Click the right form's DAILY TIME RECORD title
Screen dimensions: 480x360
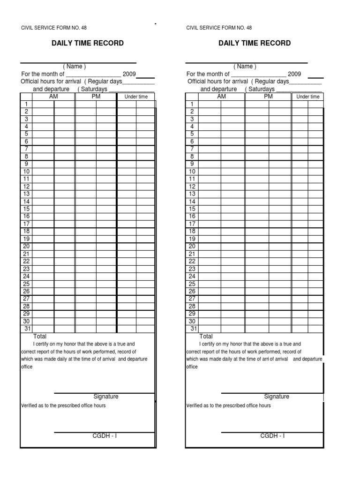[255, 43]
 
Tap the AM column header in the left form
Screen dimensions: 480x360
[53, 97]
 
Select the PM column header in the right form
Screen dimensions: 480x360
[268, 97]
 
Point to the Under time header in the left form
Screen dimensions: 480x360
[136, 97]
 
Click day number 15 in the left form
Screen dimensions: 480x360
[26, 209]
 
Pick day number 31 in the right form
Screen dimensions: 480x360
[192, 329]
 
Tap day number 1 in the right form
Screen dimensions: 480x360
[192, 104]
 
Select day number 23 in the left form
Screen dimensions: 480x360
[26, 269]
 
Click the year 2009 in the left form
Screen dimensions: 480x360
[129, 74]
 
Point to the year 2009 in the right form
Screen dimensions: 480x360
[294, 74]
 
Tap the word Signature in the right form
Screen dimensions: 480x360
[277, 397]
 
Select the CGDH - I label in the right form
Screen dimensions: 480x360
[272, 436]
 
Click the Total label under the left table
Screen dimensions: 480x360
[40, 337]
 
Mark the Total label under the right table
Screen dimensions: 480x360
[206, 337]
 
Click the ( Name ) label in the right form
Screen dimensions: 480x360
[245, 67]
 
